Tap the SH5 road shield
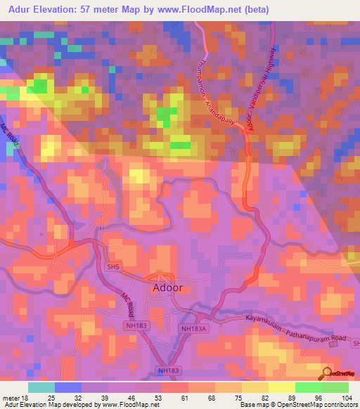pyautogui.click(x=113, y=266)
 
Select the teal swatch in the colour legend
pyautogui.click(x=41, y=387)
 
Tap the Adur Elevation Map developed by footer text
pyautogui.click(x=53, y=405)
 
